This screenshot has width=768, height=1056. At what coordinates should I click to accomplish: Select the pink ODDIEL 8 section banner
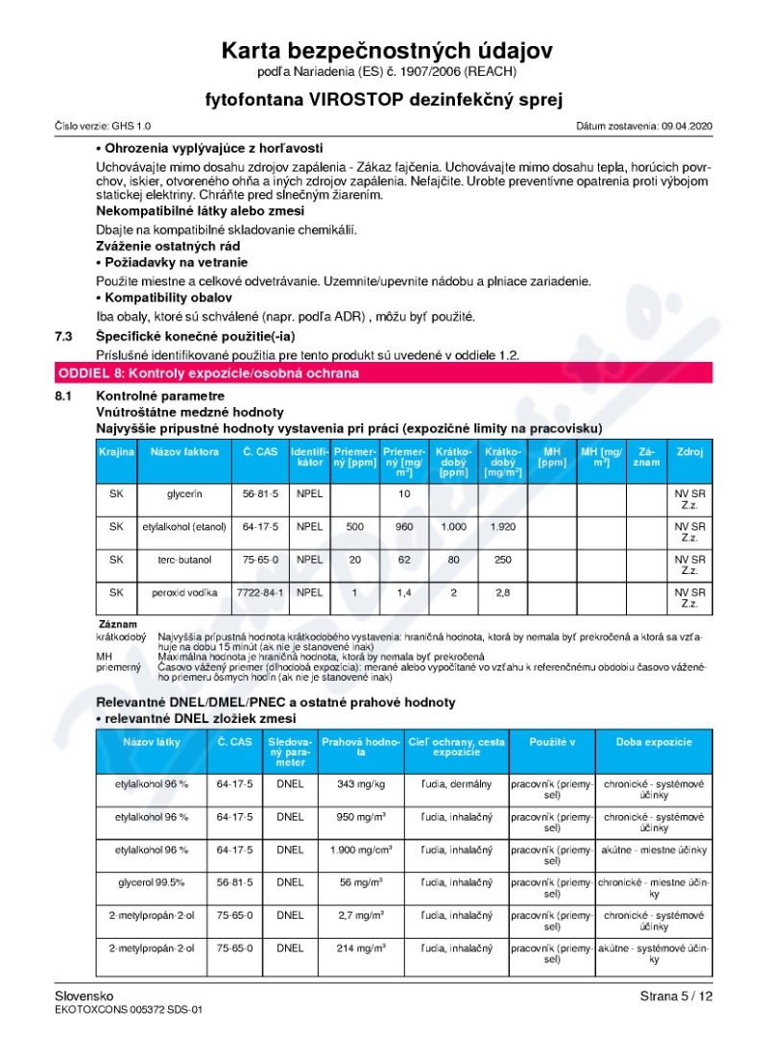[384, 372]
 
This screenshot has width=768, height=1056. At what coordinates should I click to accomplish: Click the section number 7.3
[65, 336]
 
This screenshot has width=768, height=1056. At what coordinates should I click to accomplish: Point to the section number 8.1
[65, 396]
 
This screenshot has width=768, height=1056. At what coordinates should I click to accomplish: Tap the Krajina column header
[116, 451]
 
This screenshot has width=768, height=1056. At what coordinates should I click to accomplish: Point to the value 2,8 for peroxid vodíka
[503, 592]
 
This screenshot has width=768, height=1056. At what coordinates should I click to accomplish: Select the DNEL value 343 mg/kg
[360, 784]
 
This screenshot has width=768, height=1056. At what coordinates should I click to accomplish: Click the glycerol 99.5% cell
[152, 882]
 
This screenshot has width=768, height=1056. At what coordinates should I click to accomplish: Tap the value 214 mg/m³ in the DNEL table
[360, 948]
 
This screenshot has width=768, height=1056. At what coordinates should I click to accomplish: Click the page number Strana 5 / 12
[677, 996]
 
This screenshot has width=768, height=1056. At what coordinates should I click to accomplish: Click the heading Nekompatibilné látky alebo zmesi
[201, 210]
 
